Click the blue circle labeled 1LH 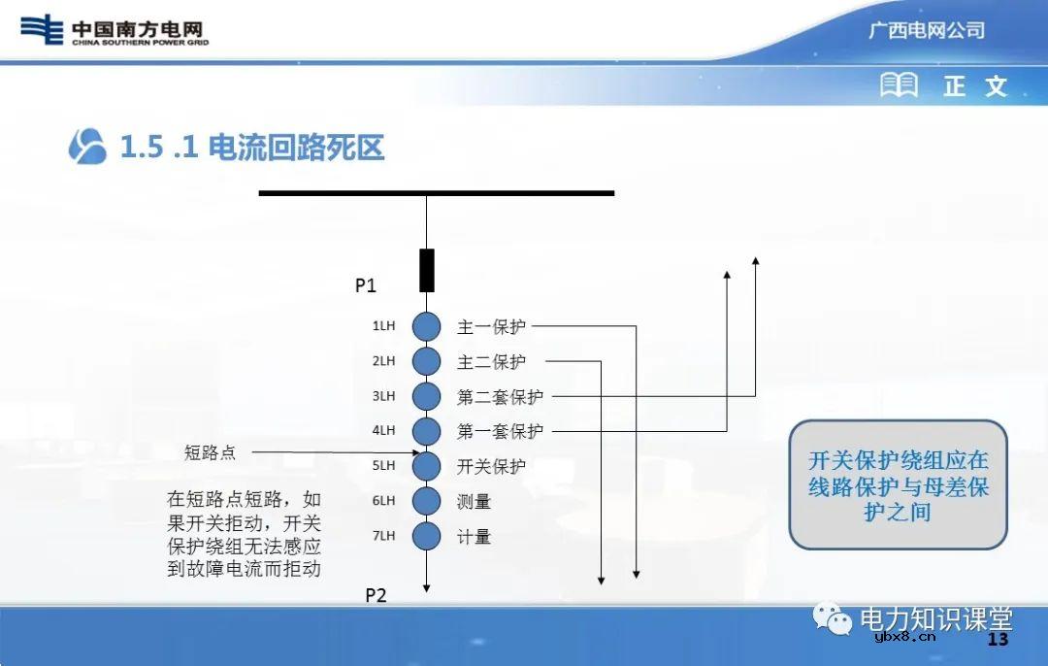click(426, 327)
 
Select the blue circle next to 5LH click(426, 466)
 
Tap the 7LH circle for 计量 click(426, 536)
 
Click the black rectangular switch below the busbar click(426, 270)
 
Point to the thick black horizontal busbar click(437, 193)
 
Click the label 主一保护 click(491, 327)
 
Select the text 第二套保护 click(500, 397)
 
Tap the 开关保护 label click(491, 466)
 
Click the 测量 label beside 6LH click(474, 502)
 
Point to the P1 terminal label click(365, 285)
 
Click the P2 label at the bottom click(376, 595)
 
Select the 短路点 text click(210, 452)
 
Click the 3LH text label click(383, 396)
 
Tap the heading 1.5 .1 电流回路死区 click(252, 148)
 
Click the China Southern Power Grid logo click(115, 30)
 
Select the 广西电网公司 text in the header click(926, 30)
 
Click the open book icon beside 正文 click(899, 85)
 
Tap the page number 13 click(998, 640)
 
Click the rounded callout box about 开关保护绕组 click(898, 484)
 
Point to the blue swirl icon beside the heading click(87, 147)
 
